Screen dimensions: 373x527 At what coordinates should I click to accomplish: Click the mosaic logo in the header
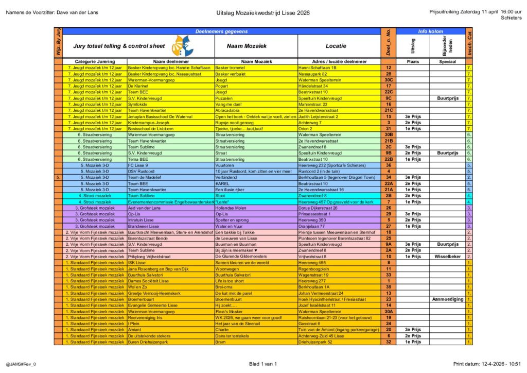coord(182,46)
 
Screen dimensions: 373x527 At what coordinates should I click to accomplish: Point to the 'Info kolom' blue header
coord(430,31)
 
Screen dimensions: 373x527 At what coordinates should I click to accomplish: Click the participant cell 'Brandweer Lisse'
coord(145,226)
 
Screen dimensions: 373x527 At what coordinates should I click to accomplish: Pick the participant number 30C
coord(389,80)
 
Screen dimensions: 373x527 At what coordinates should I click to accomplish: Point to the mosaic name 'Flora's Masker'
coord(229,311)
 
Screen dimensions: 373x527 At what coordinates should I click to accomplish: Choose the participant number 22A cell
coord(389,183)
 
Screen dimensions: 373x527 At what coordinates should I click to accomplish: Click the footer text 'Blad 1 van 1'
coord(262,364)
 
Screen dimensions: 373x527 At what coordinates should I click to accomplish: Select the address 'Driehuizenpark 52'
coord(319,342)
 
